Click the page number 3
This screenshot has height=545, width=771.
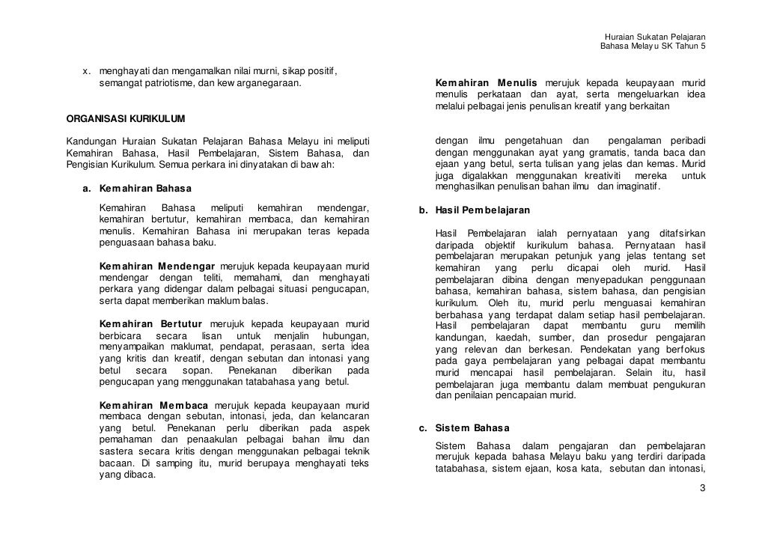701,489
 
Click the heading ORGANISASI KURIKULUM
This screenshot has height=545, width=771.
126,119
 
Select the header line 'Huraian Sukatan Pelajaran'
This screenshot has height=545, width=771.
655,37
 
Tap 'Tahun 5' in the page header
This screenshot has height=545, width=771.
689,47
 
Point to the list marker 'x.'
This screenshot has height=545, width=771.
87,71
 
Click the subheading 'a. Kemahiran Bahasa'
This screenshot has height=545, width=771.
136,188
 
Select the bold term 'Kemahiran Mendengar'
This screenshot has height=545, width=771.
156,267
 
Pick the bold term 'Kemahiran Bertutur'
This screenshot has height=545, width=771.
152,324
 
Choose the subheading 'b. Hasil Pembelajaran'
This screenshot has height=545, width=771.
484,210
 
